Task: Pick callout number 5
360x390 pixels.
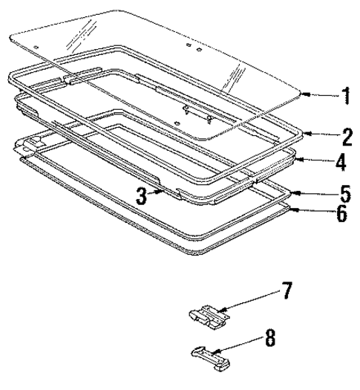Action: coord(343,195)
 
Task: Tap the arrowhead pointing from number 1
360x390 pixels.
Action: coord(302,94)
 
